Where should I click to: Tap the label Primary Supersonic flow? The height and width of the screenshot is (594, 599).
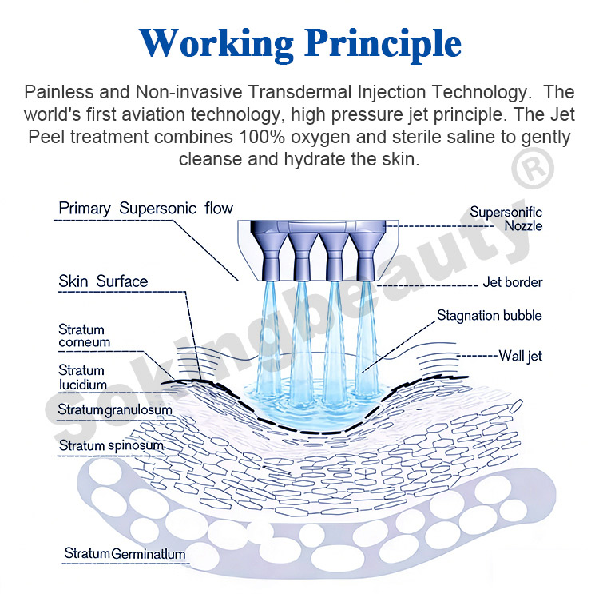(x=146, y=209)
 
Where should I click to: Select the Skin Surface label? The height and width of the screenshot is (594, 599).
(x=103, y=281)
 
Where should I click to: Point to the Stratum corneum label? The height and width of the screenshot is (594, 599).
(x=84, y=336)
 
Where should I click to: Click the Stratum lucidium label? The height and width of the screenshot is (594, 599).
(x=82, y=377)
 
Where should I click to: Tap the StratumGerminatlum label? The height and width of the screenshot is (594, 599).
(x=125, y=553)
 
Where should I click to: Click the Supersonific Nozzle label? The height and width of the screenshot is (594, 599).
(x=506, y=218)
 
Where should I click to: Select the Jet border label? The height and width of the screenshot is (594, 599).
(x=513, y=282)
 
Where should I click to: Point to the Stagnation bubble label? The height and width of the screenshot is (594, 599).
(x=489, y=315)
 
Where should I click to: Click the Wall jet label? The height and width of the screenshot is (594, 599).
(x=520, y=355)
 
